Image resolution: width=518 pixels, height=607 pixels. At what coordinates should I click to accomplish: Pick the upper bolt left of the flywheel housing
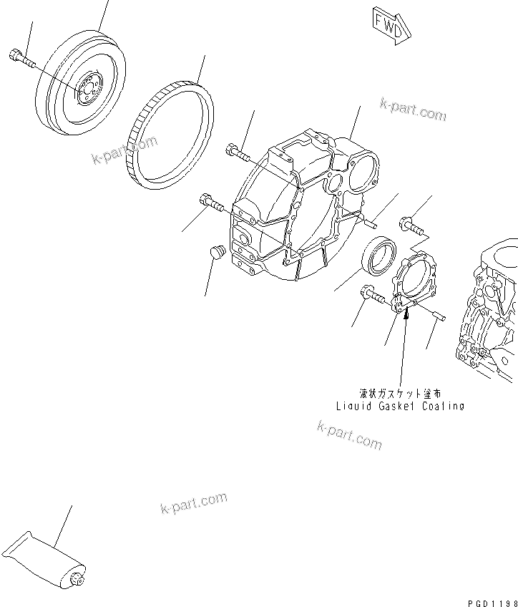238,152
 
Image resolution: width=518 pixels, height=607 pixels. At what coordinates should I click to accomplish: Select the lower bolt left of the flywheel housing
213,203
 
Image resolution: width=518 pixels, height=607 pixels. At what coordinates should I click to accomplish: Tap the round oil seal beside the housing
379,254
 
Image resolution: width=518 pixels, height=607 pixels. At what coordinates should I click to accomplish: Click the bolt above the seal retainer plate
411,225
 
